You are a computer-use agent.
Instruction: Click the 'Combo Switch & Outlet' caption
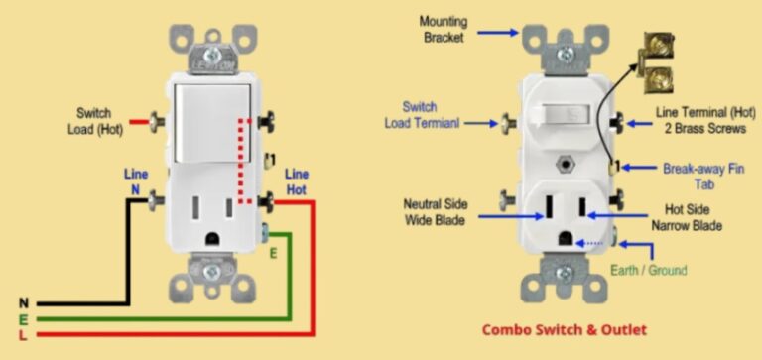pyautogui.click(x=565, y=329)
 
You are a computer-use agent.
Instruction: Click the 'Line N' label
pyautogui.click(x=136, y=180)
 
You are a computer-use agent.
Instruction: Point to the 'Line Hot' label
pyautogui.click(x=297, y=180)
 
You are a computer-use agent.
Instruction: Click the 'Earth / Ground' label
pyautogui.click(x=651, y=270)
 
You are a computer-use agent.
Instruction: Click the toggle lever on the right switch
pyautogui.click(x=564, y=116)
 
